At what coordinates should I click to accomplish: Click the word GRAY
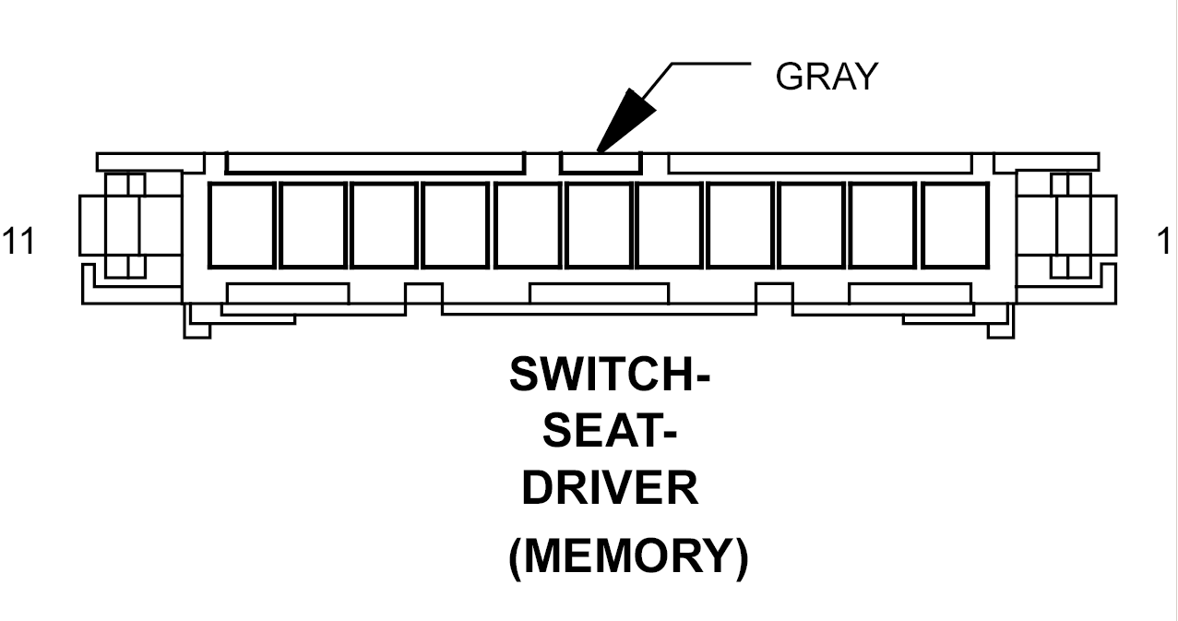click(x=827, y=76)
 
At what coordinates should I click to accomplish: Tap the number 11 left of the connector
click(x=18, y=241)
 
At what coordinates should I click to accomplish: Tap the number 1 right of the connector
click(x=1164, y=241)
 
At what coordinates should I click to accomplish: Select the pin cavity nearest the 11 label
click(x=243, y=225)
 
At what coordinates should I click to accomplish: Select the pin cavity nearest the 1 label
click(x=955, y=225)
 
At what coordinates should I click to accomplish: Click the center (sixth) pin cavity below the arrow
click(x=599, y=225)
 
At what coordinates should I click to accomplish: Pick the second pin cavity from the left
click(x=314, y=225)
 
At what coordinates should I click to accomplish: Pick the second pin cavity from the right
click(x=884, y=225)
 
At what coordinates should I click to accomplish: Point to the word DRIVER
click(x=610, y=487)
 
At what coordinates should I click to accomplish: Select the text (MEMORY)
click(x=628, y=556)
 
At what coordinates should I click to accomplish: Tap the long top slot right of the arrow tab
click(x=819, y=163)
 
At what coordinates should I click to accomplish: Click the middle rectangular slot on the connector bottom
click(x=599, y=293)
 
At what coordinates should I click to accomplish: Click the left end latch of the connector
click(x=125, y=225)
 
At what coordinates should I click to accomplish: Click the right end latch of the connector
click(x=1071, y=225)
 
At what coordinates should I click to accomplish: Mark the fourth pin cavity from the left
click(x=456, y=225)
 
